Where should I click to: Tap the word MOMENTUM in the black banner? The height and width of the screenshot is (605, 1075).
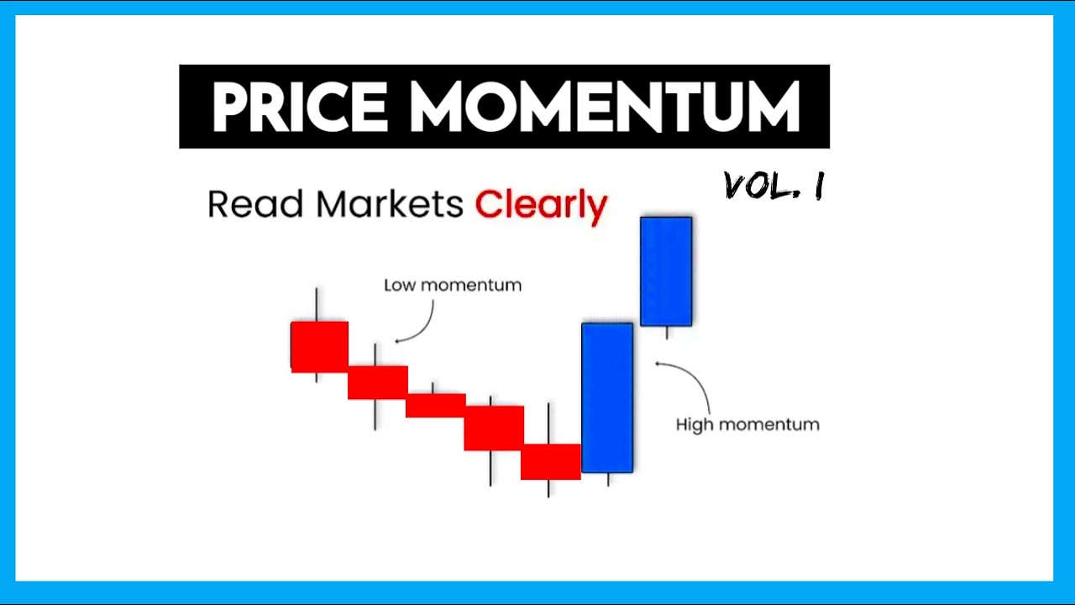(605, 108)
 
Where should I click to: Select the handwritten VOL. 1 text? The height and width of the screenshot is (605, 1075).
(773, 186)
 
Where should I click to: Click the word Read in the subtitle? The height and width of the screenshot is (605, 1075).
(254, 204)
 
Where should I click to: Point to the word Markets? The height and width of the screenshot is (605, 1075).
(389, 204)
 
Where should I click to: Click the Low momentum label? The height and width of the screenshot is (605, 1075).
(452, 285)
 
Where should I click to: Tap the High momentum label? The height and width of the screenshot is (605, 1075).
(747, 424)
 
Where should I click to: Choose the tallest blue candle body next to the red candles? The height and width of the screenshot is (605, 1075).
(607, 397)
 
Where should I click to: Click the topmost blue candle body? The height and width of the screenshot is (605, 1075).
(666, 271)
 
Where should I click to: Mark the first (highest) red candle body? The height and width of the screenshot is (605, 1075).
(319, 345)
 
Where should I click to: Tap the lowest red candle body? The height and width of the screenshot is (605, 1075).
(550, 461)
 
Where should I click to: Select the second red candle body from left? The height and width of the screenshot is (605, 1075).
(377, 382)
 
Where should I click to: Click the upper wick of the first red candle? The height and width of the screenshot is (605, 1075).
(317, 303)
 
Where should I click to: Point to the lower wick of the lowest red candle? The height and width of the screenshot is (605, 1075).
(548, 488)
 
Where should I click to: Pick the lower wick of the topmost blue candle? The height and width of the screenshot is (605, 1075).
(667, 333)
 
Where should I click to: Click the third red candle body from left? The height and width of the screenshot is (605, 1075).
(435, 405)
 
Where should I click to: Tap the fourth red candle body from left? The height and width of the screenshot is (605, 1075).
(493, 428)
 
